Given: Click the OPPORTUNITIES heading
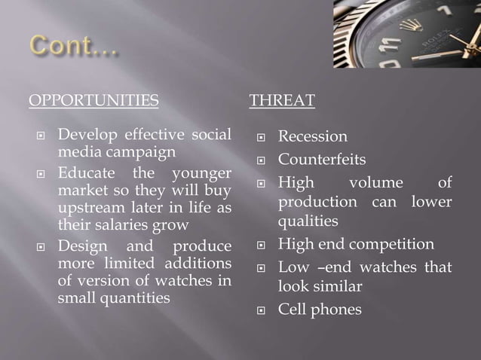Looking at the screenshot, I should click(x=93, y=100).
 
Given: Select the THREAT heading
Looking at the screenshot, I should click(x=282, y=100).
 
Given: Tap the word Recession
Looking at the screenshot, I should click(x=313, y=136).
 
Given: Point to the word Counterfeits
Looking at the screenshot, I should click(x=322, y=160).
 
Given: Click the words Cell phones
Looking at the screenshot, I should click(x=320, y=310).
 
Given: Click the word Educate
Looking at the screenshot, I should click(x=84, y=174).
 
